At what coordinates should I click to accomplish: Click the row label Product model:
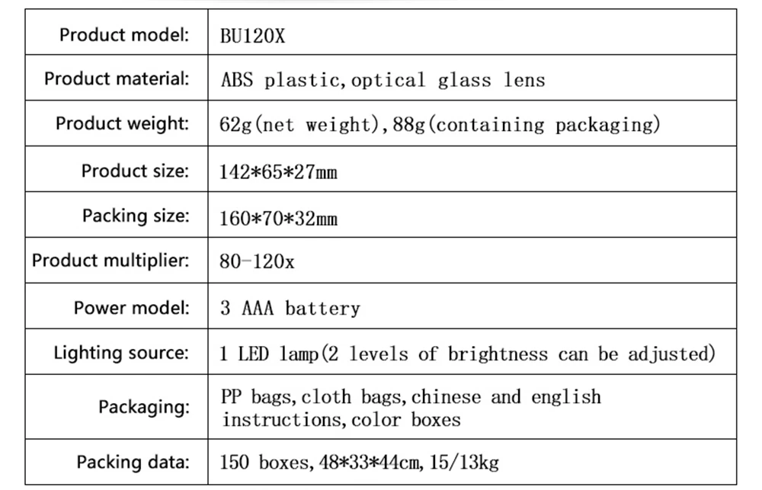click(x=123, y=34)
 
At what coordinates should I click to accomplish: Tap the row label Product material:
click(x=116, y=78)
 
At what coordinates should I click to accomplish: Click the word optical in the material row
click(x=388, y=81)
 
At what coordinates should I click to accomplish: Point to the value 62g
click(x=230, y=125)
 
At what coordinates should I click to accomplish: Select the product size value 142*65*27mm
click(x=278, y=172)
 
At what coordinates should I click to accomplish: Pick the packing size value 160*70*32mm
click(x=278, y=219)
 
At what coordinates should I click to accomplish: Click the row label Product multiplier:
click(x=110, y=261)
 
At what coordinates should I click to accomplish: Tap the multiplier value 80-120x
click(x=257, y=262)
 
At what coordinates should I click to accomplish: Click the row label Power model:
click(x=131, y=308)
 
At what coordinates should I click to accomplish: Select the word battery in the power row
click(x=322, y=309)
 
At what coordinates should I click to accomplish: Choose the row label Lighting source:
click(x=120, y=353)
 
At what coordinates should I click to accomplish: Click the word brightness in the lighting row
click(x=497, y=354)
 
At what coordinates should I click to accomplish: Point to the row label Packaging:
click(x=143, y=407)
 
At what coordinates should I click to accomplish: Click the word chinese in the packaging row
click(x=447, y=397)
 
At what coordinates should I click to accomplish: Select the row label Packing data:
click(x=133, y=462)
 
